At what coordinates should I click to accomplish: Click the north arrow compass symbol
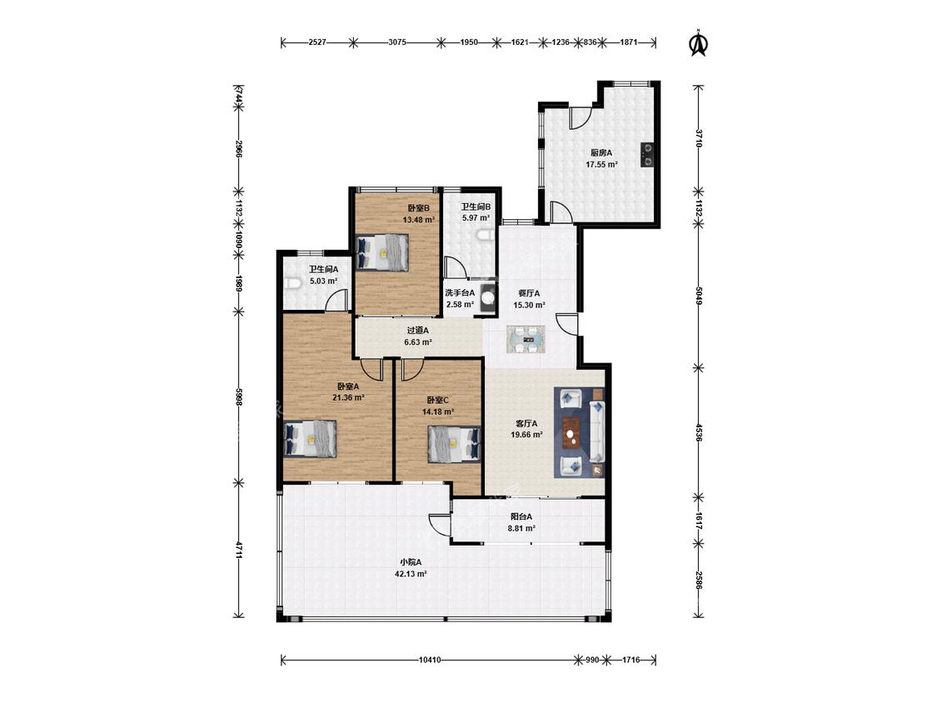(x=697, y=42)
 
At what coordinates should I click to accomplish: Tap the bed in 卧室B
(x=382, y=252)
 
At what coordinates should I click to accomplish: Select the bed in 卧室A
(x=310, y=438)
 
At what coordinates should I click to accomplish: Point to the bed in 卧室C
(x=454, y=444)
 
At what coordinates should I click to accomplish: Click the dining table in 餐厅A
(x=526, y=340)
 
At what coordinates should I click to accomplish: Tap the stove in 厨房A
(x=647, y=153)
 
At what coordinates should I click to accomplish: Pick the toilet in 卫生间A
(x=293, y=283)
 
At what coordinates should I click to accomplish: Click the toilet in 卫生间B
(x=487, y=236)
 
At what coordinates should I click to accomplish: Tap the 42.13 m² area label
(x=411, y=574)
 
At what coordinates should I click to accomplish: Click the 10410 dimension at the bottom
(x=430, y=660)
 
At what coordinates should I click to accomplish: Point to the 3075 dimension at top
(x=397, y=42)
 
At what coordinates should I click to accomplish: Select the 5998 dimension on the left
(x=238, y=397)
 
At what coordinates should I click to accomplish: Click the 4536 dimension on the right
(x=699, y=432)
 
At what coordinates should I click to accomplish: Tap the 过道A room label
(x=418, y=330)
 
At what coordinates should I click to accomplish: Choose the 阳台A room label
(x=521, y=517)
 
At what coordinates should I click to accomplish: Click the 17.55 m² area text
(x=601, y=164)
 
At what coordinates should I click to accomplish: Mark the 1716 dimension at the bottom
(x=631, y=660)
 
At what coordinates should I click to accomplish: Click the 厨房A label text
(x=601, y=153)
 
